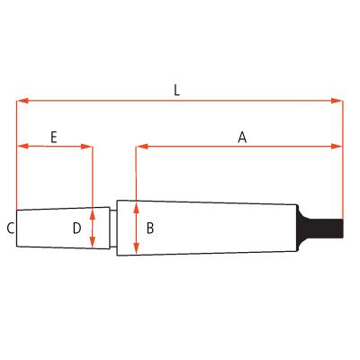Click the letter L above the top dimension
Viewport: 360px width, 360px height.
tap(176, 89)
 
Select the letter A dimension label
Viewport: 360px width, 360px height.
tap(241, 137)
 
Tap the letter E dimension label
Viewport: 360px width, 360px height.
tap(54, 137)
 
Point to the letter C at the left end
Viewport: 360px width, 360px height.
tap(10, 229)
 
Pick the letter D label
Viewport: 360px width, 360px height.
tap(77, 229)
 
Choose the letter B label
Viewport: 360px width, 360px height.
tap(149, 229)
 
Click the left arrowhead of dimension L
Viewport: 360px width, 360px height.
tap(22, 100)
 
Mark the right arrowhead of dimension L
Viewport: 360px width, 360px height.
tap(338, 100)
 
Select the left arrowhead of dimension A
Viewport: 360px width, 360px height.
tap(139, 146)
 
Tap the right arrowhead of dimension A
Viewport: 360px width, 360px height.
tap(338, 146)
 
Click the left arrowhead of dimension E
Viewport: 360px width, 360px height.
tap(22, 146)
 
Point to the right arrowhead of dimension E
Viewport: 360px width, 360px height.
tap(88, 146)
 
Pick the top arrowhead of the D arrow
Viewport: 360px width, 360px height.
tap(93, 213)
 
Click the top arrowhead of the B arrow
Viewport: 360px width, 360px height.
tap(135, 204)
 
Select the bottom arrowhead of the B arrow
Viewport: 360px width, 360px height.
tap(135, 251)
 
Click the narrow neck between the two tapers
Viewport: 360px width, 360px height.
tap(114, 228)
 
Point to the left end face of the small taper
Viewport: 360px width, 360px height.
tap(17, 229)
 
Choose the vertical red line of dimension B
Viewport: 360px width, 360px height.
tap(135, 228)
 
